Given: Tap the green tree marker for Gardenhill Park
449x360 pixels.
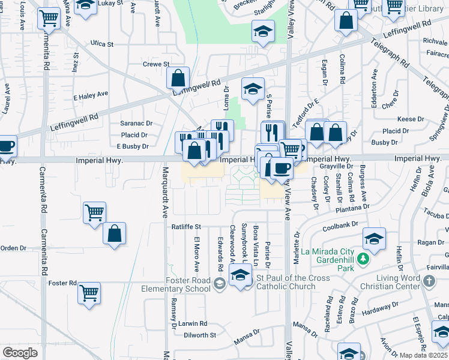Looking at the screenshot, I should [x=362, y=259].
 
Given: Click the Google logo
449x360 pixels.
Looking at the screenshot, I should [x=20, y=353].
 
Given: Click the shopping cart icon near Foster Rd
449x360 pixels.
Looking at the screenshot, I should [x=89, y=293].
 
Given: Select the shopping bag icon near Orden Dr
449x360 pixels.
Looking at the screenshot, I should [x=114, y=233].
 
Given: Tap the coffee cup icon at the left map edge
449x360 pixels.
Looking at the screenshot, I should [x=6, y=146].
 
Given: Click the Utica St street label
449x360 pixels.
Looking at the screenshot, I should [x=102, y=44].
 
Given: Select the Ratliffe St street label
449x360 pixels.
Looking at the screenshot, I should [x=185, y=227].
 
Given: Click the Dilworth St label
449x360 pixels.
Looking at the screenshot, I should [x=200, y=335].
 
